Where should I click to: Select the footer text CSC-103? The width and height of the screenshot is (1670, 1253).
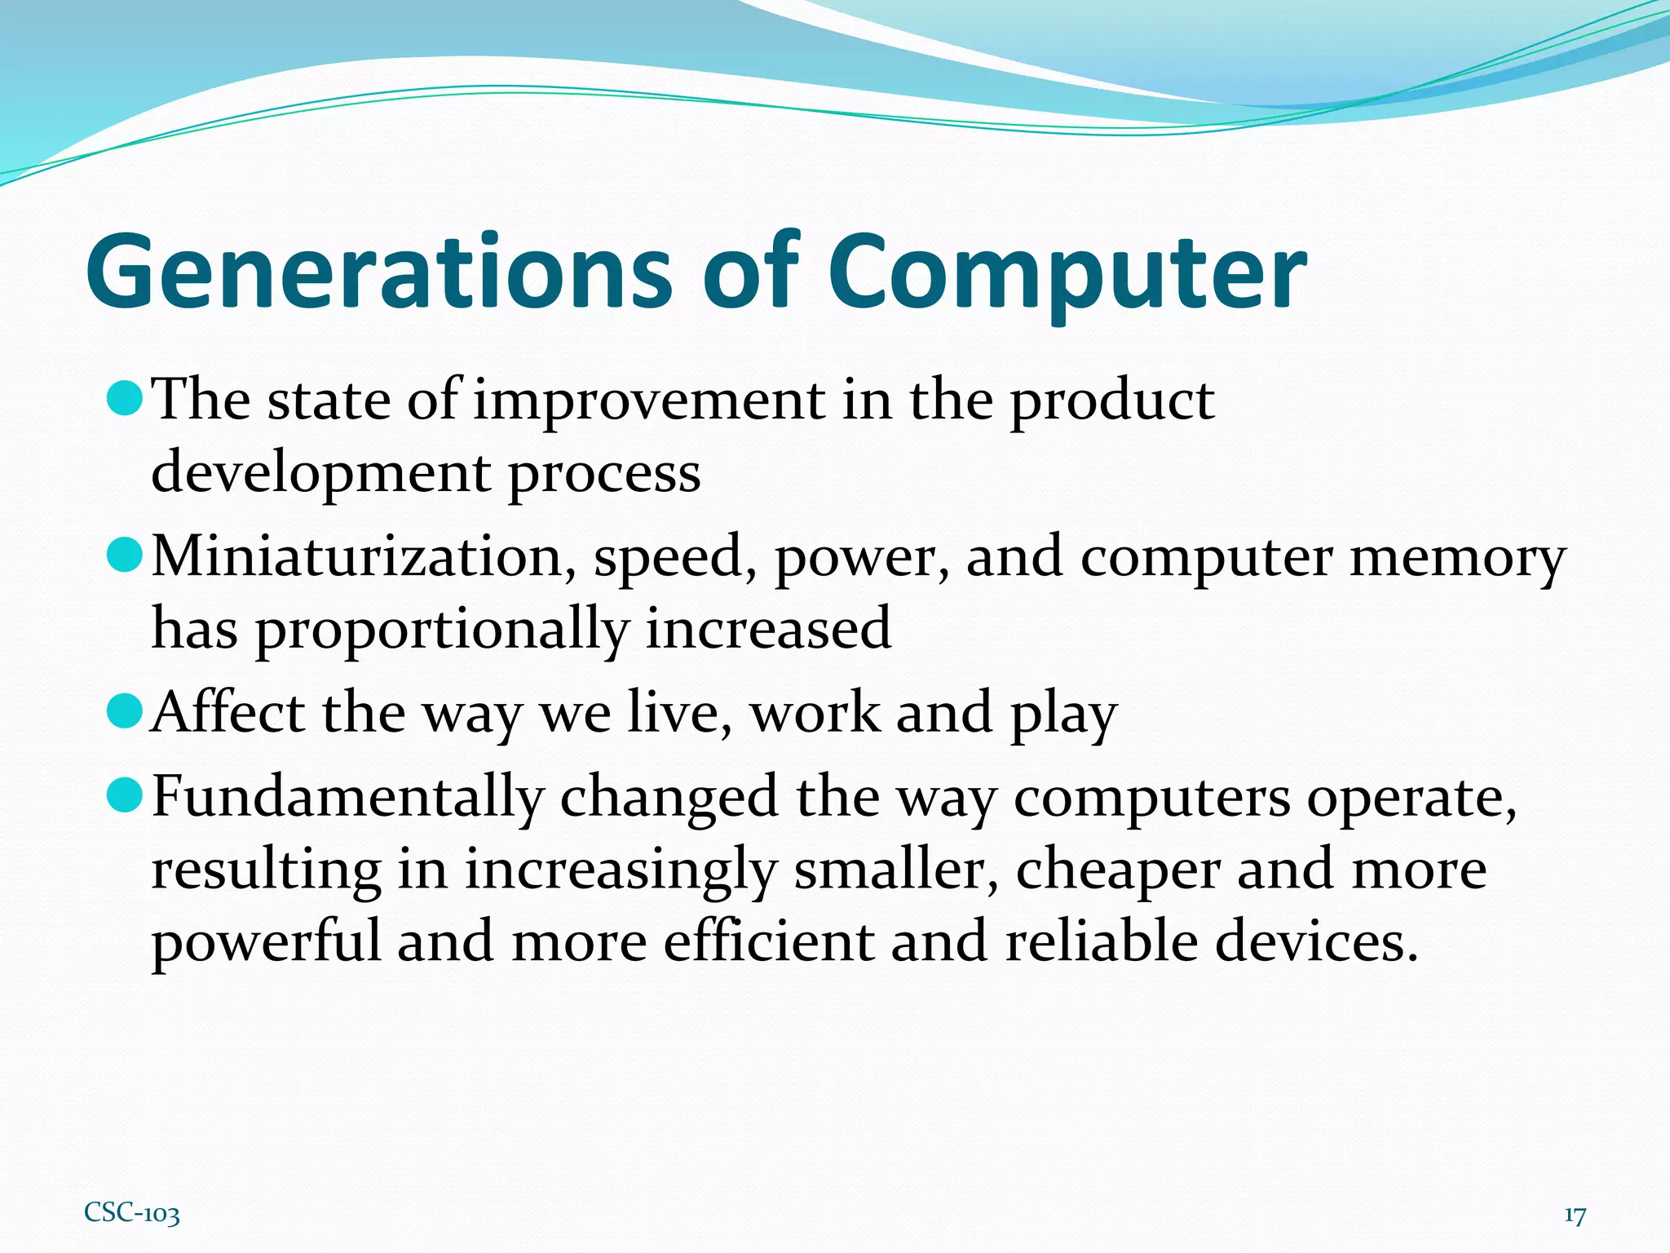click(131, 1213)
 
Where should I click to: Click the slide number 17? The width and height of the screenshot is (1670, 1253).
click(1575, 1215)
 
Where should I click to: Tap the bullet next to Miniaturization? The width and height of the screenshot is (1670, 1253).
click(125, 555)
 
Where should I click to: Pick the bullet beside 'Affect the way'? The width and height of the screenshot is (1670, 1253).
click(125, 711)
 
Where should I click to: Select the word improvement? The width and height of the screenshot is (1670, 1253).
click(649, 401)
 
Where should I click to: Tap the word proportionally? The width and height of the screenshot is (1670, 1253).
click(442, 630)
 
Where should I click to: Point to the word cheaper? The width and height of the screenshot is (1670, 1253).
click(1117, 870)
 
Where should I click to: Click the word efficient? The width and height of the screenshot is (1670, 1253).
click(767, 941)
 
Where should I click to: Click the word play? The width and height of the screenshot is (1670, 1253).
click(1063, 715)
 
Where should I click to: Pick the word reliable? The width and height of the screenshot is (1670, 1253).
click(1101, 941)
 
